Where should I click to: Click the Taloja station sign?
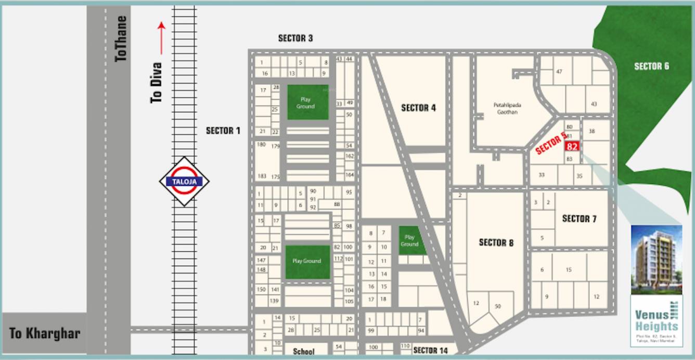coord(184,182)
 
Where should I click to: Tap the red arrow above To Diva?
coord(162,38)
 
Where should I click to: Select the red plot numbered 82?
coord(572,146)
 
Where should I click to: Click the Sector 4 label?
coord(418,108)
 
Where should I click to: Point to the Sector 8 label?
coord(496,242)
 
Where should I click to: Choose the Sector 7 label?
coord(579,219)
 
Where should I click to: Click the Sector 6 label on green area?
coord(651,66)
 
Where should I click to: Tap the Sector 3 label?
coord(295,38)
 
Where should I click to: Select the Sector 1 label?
coord(223,131)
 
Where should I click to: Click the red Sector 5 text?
coord(550,144)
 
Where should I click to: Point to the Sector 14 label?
coord(430,351)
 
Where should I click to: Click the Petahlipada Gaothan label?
coord(507,108)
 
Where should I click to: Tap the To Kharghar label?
coord(44,333)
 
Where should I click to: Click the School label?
coord(303,352)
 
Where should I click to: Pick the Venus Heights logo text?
coord(655,320)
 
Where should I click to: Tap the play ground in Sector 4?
coord(410,240)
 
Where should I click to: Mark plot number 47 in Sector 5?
coord(559,71)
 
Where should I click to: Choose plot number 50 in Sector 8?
coord(498,306)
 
